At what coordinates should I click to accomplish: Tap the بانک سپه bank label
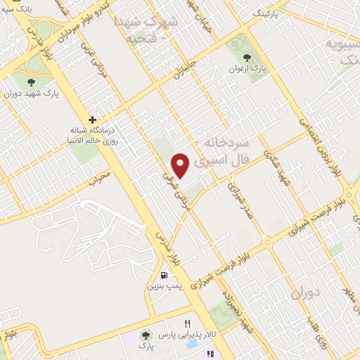(18, 8)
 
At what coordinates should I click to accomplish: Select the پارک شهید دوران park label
(29, 92)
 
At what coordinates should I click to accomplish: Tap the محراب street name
(101, 176)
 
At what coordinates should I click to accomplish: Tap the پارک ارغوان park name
(247, 70)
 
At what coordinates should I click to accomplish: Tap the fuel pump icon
(164, 275)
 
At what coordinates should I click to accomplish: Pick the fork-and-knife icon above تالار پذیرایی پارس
(186, 324)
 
